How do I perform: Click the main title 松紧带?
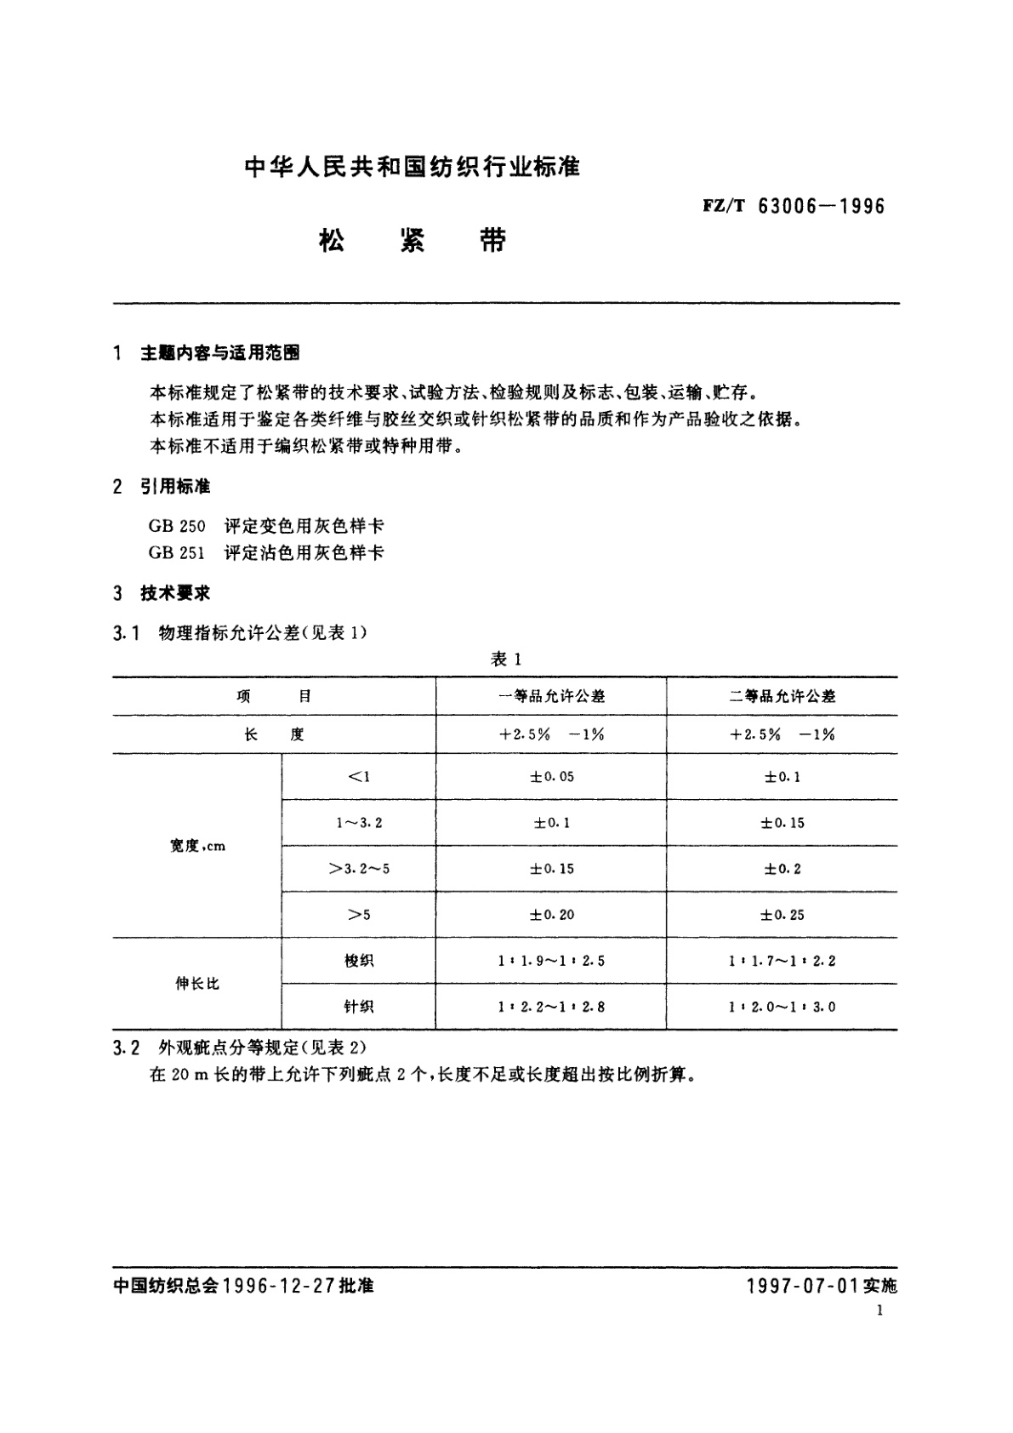(412, 242)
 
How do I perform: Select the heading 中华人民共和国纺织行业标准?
(412, 168)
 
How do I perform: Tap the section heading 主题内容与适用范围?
(219, 353)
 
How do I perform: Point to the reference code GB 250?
(177, 526)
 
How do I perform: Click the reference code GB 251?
(177, 553)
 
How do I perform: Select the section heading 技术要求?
(175, 593)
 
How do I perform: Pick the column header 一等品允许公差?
(551, 696)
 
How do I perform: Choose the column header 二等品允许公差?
(782, 696)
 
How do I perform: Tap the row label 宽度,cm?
(197, 846)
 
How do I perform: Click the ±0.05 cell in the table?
(551, 777)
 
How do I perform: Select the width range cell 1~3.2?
(359, 823)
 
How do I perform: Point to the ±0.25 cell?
(782, 915)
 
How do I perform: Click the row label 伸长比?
(197, 984)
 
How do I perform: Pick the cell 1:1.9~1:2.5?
(551, 961)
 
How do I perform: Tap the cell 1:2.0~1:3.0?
(782, 1007)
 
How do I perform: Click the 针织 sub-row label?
(359, 1007)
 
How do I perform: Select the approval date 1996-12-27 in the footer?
(277, 1286)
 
